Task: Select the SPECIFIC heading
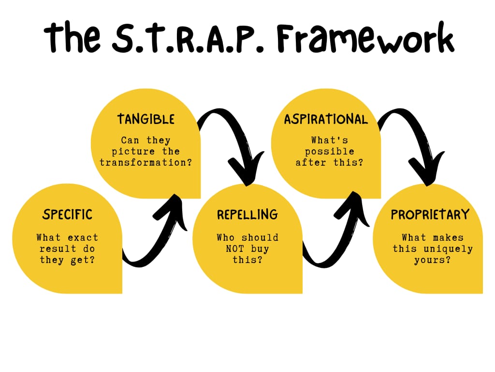click(67, 214)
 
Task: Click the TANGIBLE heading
click(146, 119)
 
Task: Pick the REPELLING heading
click(247, 214)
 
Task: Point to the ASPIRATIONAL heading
click(326, 119)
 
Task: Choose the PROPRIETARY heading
click(430, 214)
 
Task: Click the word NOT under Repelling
click(234, 249)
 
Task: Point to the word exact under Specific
click(83, 237)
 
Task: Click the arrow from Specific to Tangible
click(160, 232)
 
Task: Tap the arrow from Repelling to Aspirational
click(338, 232)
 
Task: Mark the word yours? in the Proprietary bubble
click(432, 260)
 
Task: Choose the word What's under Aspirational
click(329, 140)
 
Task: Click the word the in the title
click(73, 37)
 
